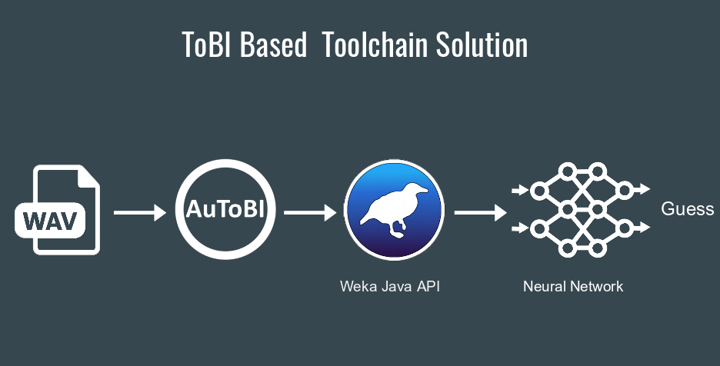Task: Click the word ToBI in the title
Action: pyautogui.click(x=206, y=45)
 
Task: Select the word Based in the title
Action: pyautogui.click(x=273, y=45)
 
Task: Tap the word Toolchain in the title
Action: pyautogui.click(x=375, y=45)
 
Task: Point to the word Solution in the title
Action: pyautogui.click(x=482, y=45)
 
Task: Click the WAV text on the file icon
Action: pyautogui.click(x=50, y=221)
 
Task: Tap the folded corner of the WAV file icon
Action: pyautogui.click(x=89, y=177)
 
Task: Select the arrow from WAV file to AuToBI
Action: pyautogui.click(x=140, y=213)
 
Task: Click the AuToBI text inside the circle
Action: pyautogui.click(x=225, y=209)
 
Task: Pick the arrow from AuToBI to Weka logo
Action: pyautogui.click(x=311, y=213)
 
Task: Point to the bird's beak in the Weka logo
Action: pyautogui.click(x=424, y=190)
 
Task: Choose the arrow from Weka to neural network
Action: pyautogui.click(x=481, y=213)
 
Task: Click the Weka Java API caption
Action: pyautogui.click(x=390, y=287)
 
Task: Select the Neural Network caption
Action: pyautogui.click(x=573, y=287)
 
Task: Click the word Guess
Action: pyautogui.click(x=688, y=209)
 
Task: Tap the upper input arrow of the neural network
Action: pyautogui.click(x=520, y=190)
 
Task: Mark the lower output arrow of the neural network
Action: pyautogui.click(x=642, y=228)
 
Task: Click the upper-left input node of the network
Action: pyautogui.click(x=539, y=190)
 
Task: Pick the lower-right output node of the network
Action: pyautogui.click(x=625, y=228)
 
